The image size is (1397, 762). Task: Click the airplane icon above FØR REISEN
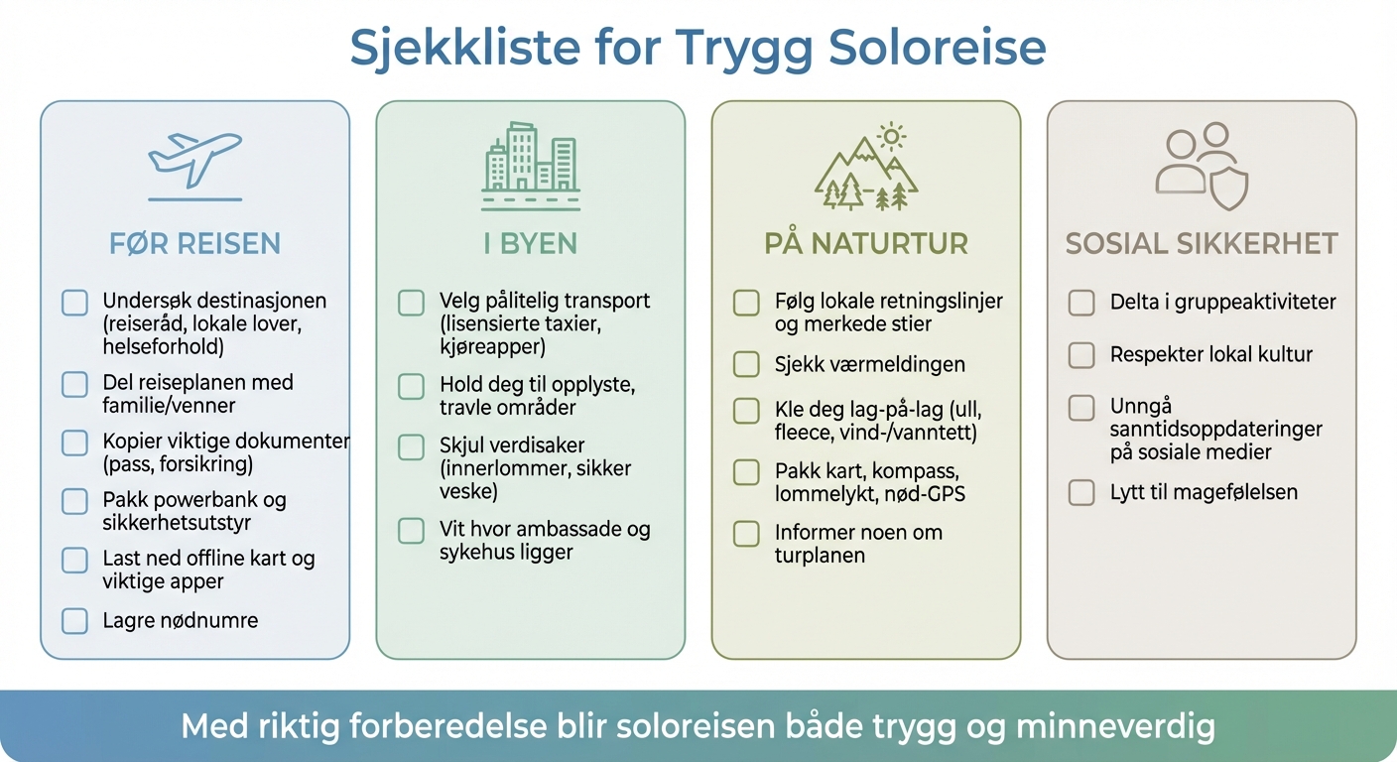194,159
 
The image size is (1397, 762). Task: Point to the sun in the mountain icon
892,135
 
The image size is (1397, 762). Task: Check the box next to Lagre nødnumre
74,621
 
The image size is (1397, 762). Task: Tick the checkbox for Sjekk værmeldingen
746,364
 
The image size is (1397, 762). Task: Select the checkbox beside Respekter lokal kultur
1081,354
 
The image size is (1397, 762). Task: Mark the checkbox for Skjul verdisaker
411,446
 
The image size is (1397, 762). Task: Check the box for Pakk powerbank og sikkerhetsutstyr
74,501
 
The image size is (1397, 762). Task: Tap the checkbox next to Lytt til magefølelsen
1081,492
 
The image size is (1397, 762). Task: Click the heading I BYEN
531,243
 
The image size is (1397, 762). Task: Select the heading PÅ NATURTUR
866,243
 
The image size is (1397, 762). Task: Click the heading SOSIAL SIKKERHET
1202,243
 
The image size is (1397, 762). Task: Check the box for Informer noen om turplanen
746,534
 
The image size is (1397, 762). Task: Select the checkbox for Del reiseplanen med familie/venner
74,384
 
